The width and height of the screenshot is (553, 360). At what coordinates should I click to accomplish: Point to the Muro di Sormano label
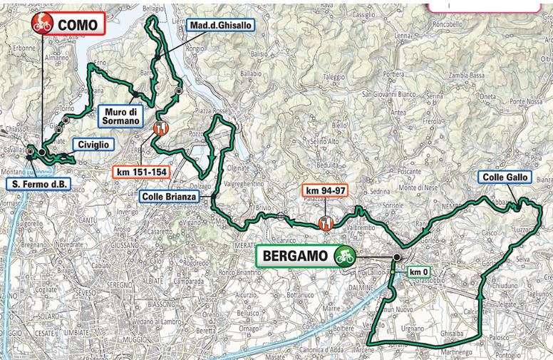coord(120,116)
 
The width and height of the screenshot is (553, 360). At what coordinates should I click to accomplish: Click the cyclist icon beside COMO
coord(43,24)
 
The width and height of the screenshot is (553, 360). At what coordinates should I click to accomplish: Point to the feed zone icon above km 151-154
coord(160,128)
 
